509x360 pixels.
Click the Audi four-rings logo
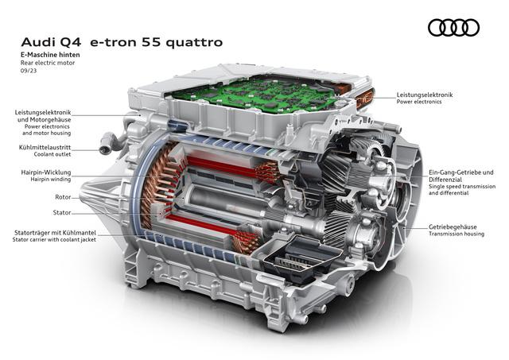[x=453, y=28]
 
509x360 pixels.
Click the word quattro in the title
[x=195, y=42]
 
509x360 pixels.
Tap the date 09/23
[x=29, y=71]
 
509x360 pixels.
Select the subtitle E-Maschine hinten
[x=50, y=55]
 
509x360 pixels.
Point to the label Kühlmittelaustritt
[x=45, y=148]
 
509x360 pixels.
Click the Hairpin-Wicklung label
[x=46, y=172]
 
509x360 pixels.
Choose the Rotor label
[x=63, y=197]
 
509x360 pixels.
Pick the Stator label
[x=62, y=212]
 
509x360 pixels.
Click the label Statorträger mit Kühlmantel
[x=55, y=233]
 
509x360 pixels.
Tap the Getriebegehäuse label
[x=453, y=226]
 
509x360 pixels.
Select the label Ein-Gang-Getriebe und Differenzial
[x=461, y=176]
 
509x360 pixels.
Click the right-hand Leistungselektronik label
[x=425, y=95]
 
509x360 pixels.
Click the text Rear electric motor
[x=48, y=63]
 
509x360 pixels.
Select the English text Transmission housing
[x=457, y=234]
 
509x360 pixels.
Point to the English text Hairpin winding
[x=51, y=179]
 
